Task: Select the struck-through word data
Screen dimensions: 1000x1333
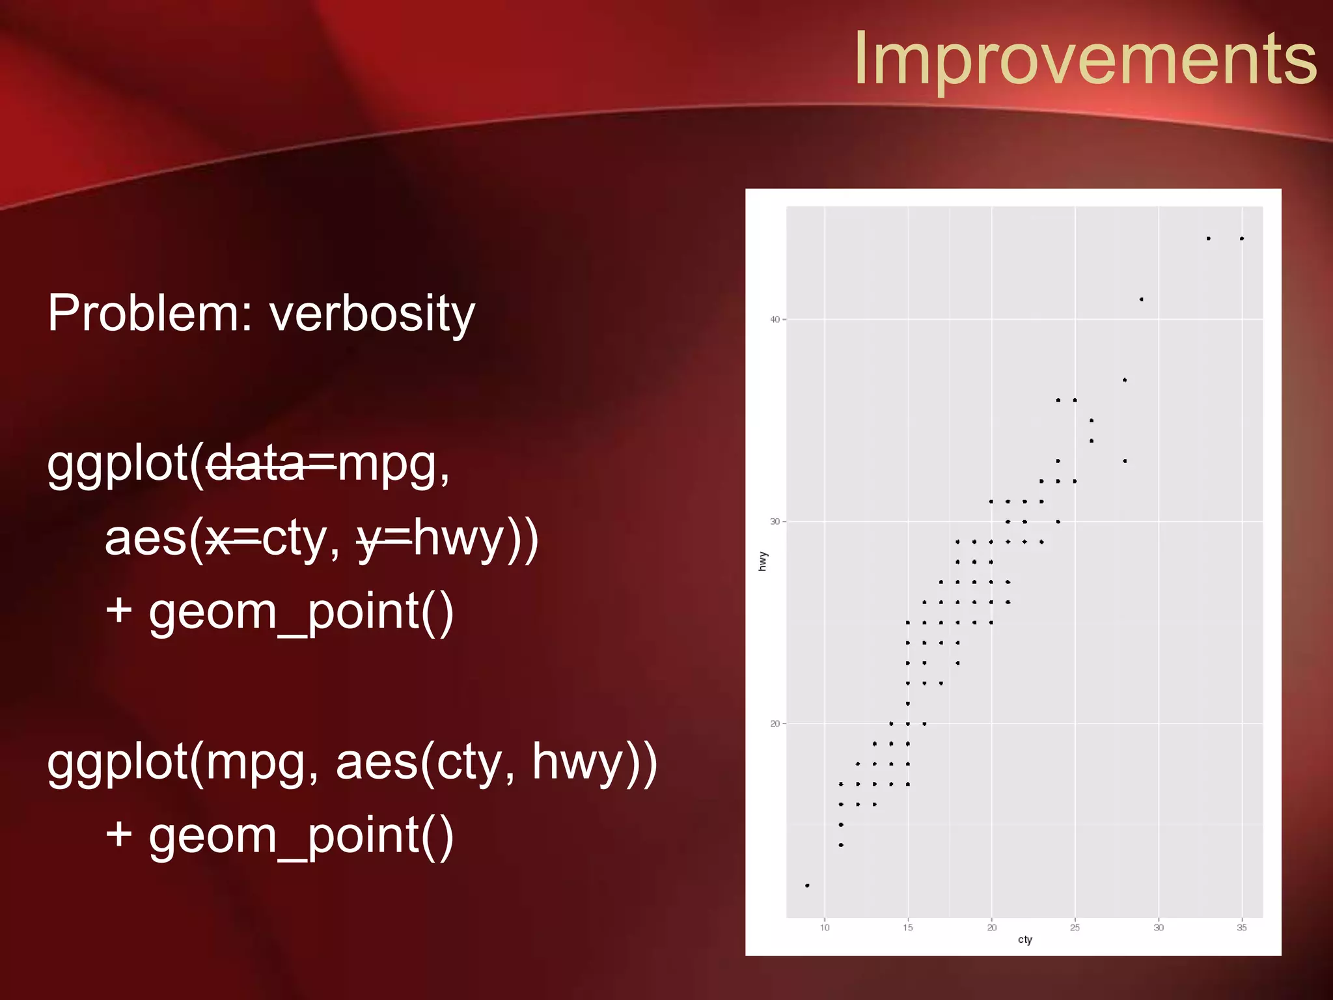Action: point(255,464)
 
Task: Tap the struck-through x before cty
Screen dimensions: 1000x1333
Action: point(219,539)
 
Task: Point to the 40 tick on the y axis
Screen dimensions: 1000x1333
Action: point(775,320)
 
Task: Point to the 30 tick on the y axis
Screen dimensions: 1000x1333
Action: point(775,521)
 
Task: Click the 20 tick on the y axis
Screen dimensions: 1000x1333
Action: point(775,724)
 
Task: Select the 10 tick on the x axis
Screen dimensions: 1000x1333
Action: point(825,928)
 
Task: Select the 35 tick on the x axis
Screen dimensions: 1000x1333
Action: point(1242,928)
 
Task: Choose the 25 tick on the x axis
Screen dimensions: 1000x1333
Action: point(1075,928)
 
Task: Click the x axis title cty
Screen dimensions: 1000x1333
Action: point(1025,940)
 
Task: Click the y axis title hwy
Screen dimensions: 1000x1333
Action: point(763,561)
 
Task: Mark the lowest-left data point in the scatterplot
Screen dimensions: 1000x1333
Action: point(807,885)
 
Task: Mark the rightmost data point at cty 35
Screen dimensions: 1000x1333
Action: point(1242,238)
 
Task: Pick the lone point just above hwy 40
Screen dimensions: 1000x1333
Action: point(1142,299)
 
